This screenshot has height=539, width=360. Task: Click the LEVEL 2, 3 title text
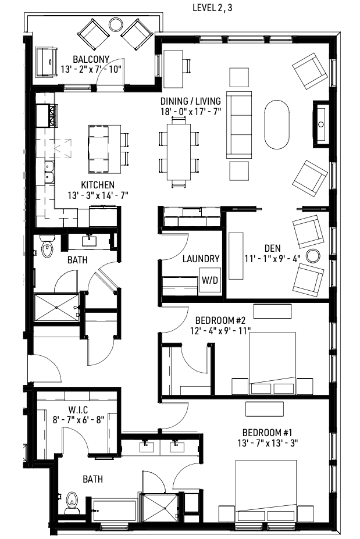tap(216, 8)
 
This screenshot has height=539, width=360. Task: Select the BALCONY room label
tap(91, 59)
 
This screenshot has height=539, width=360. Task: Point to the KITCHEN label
tap(97, 184)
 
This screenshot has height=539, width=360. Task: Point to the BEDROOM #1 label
tap(272, 433)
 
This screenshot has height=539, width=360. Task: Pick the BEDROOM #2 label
tap(223, 320)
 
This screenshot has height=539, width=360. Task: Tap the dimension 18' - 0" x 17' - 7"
tap(191, 112)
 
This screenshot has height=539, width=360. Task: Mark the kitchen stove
tap(45, 114)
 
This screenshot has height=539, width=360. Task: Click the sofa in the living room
tap(239, 126)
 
